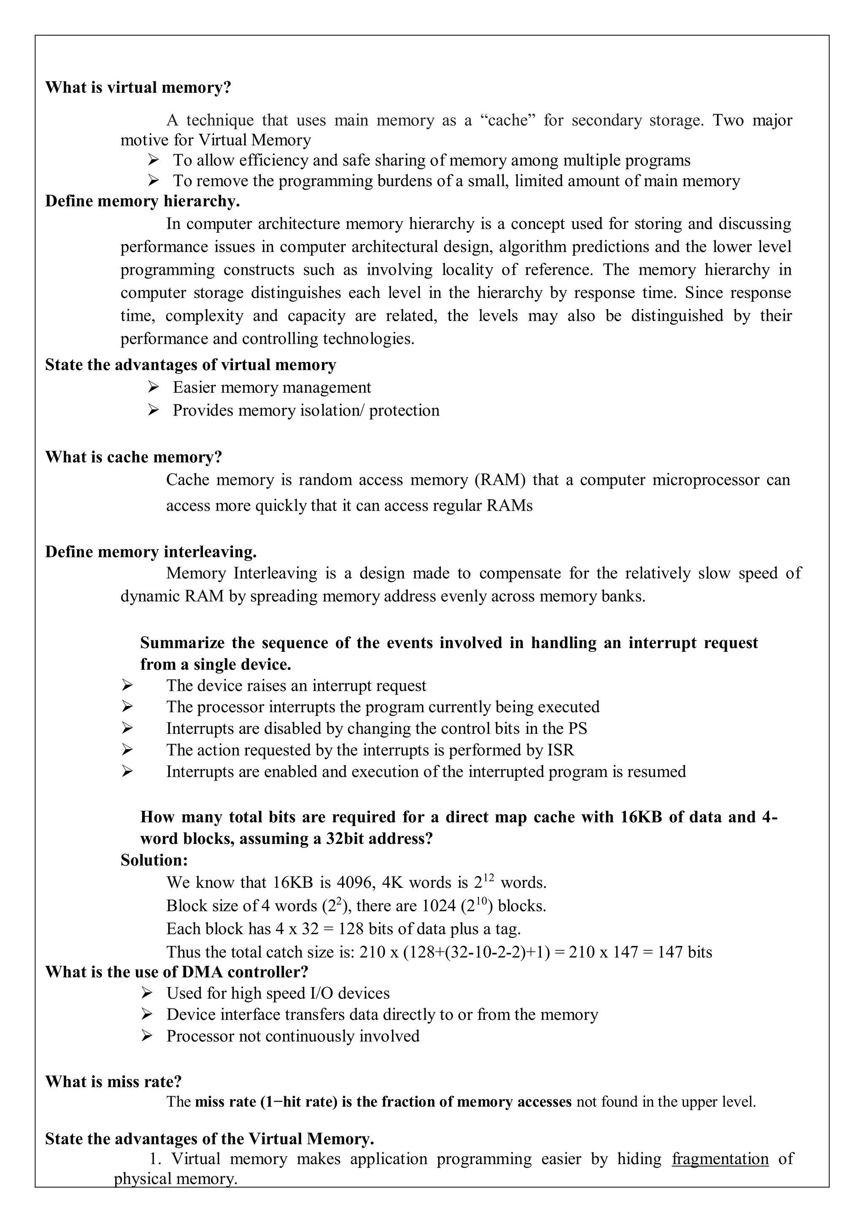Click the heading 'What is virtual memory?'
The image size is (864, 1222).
(x=138, y=87)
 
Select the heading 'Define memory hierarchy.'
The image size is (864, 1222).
(x=143, y=201)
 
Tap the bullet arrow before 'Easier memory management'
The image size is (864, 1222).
(x=153, y=387)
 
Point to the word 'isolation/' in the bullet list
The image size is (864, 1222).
(x=327, y=410)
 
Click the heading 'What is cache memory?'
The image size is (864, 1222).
(x=134, y=457)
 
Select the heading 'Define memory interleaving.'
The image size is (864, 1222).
(x=151, y=552)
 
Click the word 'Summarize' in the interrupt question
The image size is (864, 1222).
(x=182, y=643)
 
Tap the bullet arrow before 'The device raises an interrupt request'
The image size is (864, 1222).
(x=127, y=686)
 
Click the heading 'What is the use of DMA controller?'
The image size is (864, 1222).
(x=177, y=972)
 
